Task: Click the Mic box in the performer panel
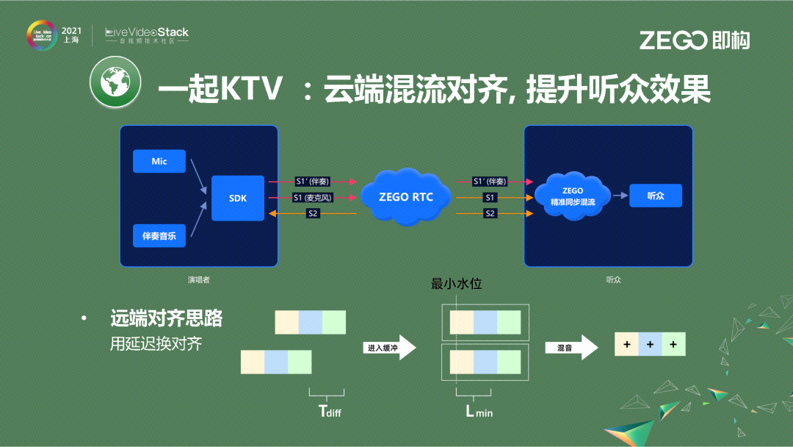(x=159, y=161)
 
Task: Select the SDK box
(x=237, y=198)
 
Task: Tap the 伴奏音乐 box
(x=159, y=237)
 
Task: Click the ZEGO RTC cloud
(x=405, y=197)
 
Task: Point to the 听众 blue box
(x=655, y=196)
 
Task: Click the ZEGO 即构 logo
(x=694, y=40)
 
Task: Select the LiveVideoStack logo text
(x=147, y=33)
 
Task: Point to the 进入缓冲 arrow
(x=390, y=348)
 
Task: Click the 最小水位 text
(x=456, y=284)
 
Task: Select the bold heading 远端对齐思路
(x=166, y=318)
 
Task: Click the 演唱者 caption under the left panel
(x=198, y=280)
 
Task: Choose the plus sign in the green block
(x=673, y=344)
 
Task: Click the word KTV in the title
(x=251, y=90)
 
